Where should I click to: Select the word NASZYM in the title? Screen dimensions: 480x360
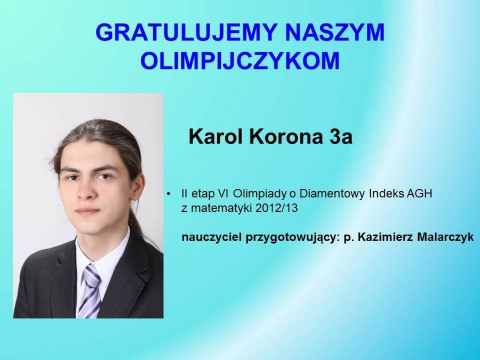click(x=335, y=32)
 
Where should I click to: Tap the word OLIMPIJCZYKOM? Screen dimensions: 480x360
click(x=241, y=60)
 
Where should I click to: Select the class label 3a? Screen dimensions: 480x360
click(x=341, y=137)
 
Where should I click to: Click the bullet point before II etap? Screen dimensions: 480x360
click(x=169, y=194)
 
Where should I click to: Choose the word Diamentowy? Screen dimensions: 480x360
click(x=332, y=194)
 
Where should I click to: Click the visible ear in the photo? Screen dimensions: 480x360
click(x=137, y=187)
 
